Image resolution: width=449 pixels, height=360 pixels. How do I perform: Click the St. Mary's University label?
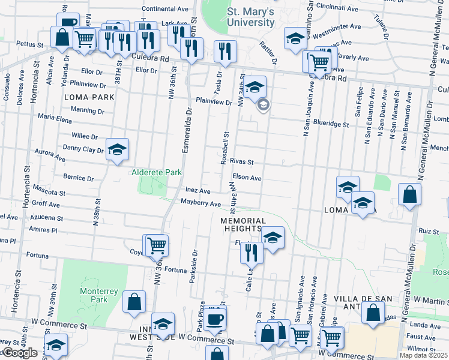pyautogui.click(x=251, y=17)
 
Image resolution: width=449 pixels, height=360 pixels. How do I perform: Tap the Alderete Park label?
pyautogui.click(x=157, y=173)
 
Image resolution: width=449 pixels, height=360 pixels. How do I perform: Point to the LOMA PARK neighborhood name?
pyautogui.click(x=90, y=96)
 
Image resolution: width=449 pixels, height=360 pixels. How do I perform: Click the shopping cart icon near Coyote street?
pyautogui.click(x=156, y=244)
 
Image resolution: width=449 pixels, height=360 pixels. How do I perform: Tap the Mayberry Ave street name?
pyautogui.click(x=201, y=204)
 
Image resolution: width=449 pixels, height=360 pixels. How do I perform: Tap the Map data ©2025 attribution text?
pyautogui.click(x=423, y=355)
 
